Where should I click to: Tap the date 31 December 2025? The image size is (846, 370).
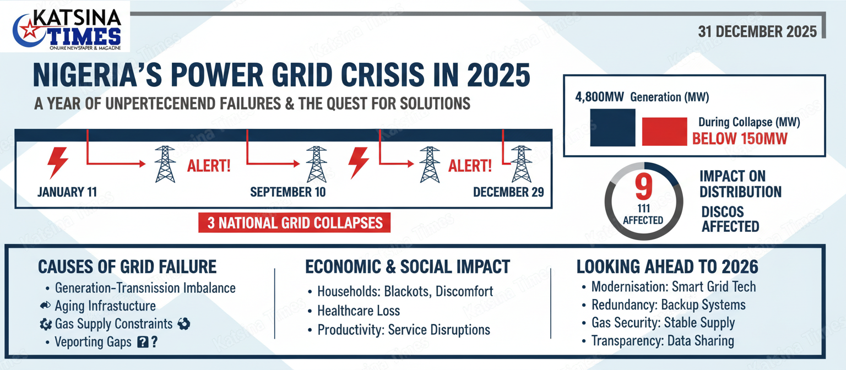pos(757,32)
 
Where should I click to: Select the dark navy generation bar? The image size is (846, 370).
pos(612,128)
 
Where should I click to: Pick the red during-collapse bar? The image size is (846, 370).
pos(664,132)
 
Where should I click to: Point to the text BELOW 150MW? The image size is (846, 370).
pos(740,139)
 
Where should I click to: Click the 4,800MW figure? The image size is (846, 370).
pos(599,97)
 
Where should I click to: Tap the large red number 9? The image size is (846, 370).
pos(643,186)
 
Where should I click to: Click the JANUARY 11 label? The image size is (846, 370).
pos(67,192)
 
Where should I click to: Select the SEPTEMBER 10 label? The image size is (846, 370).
pos(288,192)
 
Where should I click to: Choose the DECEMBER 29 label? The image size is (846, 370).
pos(508,192)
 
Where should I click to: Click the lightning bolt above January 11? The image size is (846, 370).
pos(57,163)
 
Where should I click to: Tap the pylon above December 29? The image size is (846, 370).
pos(522,164)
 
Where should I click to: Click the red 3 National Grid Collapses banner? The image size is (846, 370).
pos(295,223)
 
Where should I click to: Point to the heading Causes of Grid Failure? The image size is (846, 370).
pos(127,267)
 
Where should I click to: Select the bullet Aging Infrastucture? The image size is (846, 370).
pos(105,306)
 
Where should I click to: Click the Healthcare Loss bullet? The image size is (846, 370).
pos(359,311)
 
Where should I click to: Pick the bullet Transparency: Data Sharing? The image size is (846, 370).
pos(663,341)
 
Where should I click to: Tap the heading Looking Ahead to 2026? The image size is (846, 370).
pos(667,267)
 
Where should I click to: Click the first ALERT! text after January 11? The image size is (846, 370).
pos(209,166)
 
